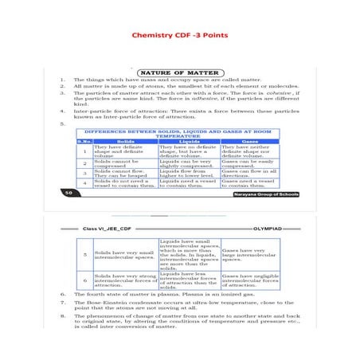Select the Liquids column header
point(188,142)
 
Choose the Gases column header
point(248,142)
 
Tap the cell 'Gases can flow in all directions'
point(248,173)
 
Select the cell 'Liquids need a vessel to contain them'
point(188,183)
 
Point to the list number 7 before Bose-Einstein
point(63,303)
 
